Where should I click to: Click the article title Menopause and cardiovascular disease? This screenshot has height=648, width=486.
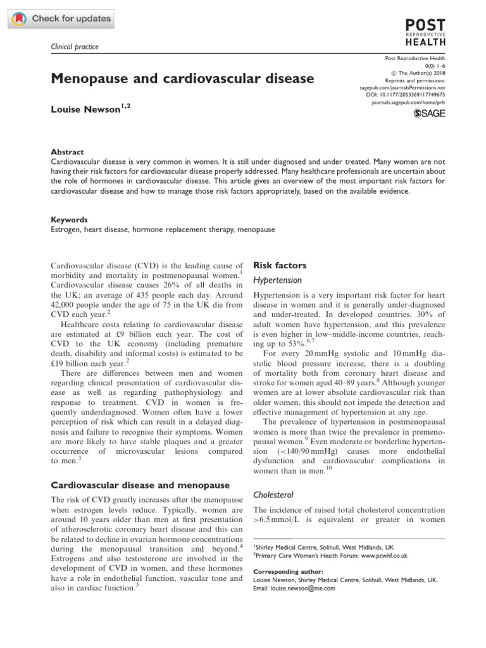[x=182, y=78]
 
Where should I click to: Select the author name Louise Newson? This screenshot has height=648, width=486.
[x=86, y=109]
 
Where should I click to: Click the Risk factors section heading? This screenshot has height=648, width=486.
[x=280, y=265]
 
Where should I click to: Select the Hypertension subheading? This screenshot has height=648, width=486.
[x=277, y=280]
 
